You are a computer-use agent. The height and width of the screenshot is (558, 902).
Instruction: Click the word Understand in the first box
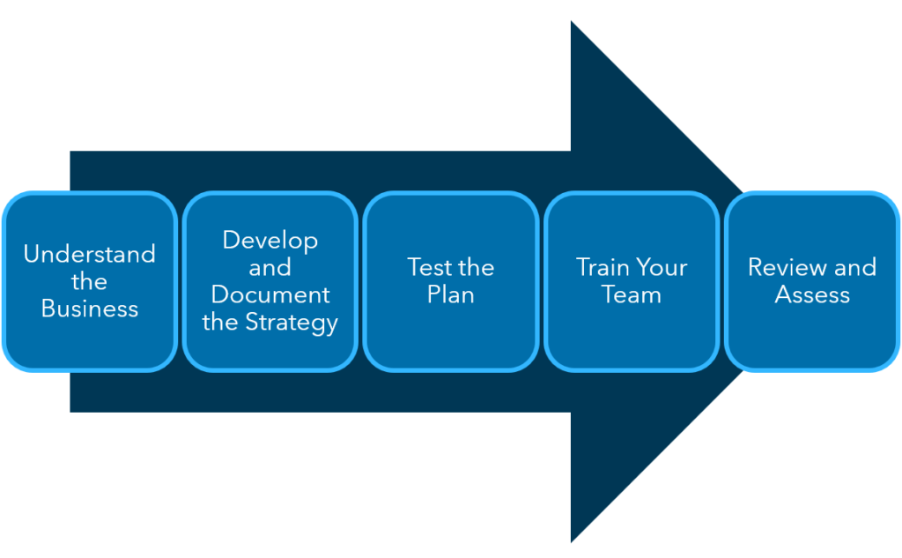click(x=89, y=255)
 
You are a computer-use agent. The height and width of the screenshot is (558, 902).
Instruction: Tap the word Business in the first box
click(x=89, y=309)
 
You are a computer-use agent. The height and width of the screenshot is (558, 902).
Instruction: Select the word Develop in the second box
click(x=270, y=241)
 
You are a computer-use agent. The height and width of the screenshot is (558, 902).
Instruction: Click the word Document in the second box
click(x=270, y=294)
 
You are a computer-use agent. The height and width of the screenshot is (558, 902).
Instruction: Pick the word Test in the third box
click(x=425, y=268)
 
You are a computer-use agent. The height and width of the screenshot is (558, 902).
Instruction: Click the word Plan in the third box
click(x=451, y=295)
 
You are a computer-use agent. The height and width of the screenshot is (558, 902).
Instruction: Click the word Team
click(x=632, y=295)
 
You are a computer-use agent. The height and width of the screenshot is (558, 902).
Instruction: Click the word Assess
click(x=812, y=295)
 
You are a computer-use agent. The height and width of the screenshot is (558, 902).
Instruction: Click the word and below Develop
click(x=270, y=268)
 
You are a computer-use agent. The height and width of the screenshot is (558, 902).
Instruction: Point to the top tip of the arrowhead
click(x=573, y=23)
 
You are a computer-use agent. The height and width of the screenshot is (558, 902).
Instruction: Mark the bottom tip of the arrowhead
click(x=573, y=540)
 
